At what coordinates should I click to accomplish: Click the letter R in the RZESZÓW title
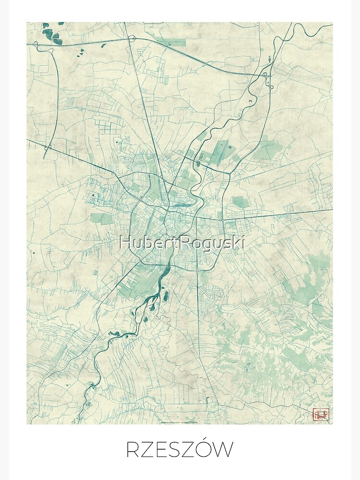coord(133,450)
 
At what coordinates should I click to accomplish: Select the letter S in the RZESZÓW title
coord(182,450)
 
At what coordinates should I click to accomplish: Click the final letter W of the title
coord(224,450)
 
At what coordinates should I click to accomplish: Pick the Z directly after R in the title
coord(150,450)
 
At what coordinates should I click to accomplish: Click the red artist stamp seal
coord(320,414)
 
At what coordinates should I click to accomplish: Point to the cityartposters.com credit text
coord(170,421)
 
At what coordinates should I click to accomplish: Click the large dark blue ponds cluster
coord(49,33)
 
